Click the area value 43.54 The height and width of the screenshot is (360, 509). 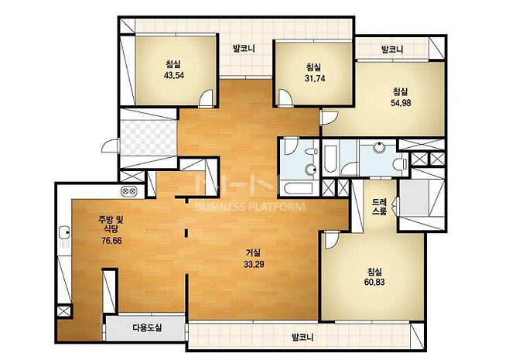point(174,75)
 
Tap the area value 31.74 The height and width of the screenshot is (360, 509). point(315,78)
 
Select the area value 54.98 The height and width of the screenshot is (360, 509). point(401,103)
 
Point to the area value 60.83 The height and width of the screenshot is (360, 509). point(374,282)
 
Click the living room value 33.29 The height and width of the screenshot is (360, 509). point(254,264)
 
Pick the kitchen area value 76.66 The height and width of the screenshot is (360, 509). point(111,241)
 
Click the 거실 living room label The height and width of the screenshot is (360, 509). point(253,253)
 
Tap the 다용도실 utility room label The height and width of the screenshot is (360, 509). point(147,327)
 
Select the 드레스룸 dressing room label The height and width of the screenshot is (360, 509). point(379,206)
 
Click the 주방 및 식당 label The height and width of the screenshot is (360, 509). point(111,225)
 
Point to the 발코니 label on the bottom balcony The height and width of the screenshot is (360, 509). point(302,338)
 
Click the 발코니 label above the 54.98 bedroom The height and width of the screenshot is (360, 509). point(392,50)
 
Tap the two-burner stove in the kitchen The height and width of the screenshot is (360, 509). point(129,191)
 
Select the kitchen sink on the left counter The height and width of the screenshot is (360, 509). point(65,232)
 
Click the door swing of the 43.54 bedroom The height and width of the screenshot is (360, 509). point(206,98)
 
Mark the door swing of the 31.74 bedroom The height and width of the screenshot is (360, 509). point(285,97)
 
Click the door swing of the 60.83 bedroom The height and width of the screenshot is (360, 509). point(333,241)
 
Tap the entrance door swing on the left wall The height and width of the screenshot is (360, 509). point(111,146)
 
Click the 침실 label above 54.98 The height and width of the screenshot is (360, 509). point(401,91)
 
